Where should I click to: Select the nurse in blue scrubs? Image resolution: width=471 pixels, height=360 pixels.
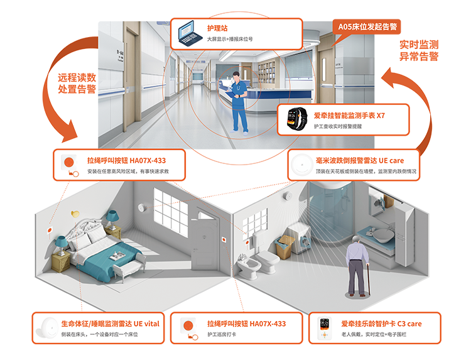tap(237, 101)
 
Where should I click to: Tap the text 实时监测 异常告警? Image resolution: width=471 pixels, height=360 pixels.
tap(418, 51)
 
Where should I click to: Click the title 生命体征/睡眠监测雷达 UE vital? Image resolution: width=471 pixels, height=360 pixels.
tap(111, 324)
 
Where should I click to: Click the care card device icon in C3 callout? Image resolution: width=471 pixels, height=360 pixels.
tap(325, 329)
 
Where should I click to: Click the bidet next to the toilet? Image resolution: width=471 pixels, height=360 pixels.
tap(244, 267)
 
